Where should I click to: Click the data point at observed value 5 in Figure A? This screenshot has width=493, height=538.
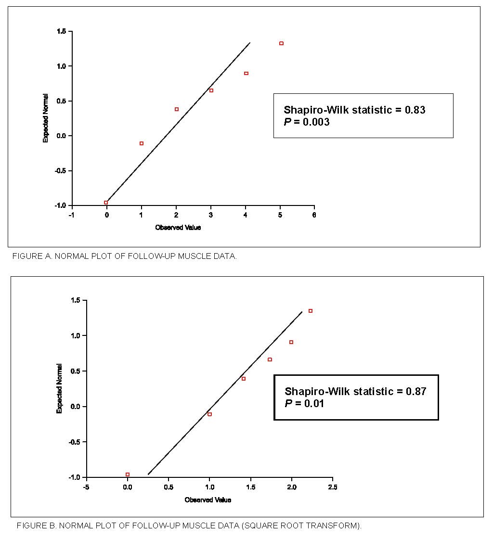(281, 43)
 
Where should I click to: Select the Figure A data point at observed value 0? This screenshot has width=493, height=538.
(106, 203)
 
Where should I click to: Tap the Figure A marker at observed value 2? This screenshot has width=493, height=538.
(177, 109)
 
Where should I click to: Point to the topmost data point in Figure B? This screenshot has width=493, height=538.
(311, 311)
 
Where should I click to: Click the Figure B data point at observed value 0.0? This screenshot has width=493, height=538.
(128, 474)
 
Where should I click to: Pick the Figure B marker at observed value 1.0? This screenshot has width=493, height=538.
(209, 414)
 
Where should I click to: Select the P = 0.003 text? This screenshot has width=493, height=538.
(307, 122)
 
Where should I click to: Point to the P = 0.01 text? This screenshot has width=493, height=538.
(304, 403)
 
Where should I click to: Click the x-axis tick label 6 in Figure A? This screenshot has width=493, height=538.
(314, 215)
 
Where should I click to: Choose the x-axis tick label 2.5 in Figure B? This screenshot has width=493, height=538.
(332, 487)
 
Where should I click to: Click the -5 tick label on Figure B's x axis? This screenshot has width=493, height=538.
(86, 487)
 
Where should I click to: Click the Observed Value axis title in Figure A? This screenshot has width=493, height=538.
(178, 228)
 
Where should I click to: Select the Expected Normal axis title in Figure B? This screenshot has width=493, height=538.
(59, 388)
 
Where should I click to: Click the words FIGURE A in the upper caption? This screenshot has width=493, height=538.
(31, 256)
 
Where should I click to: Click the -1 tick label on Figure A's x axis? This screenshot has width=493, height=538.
(71, 215)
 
